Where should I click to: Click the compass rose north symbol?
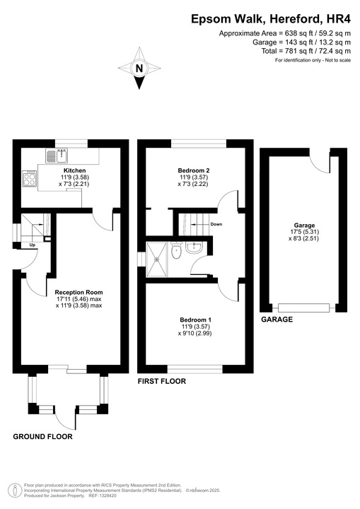point(139,69)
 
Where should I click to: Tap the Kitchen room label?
point(74,170)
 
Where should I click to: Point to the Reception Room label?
point(79,292)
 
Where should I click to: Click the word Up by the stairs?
point(33,245)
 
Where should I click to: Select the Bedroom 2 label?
point(193,170)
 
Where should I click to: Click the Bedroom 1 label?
point(194,320)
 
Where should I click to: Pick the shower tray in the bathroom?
point(156,255)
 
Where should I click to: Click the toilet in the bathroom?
point(176,252)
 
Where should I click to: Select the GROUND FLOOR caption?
point(42,437)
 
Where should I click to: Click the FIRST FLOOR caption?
point(162,381)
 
